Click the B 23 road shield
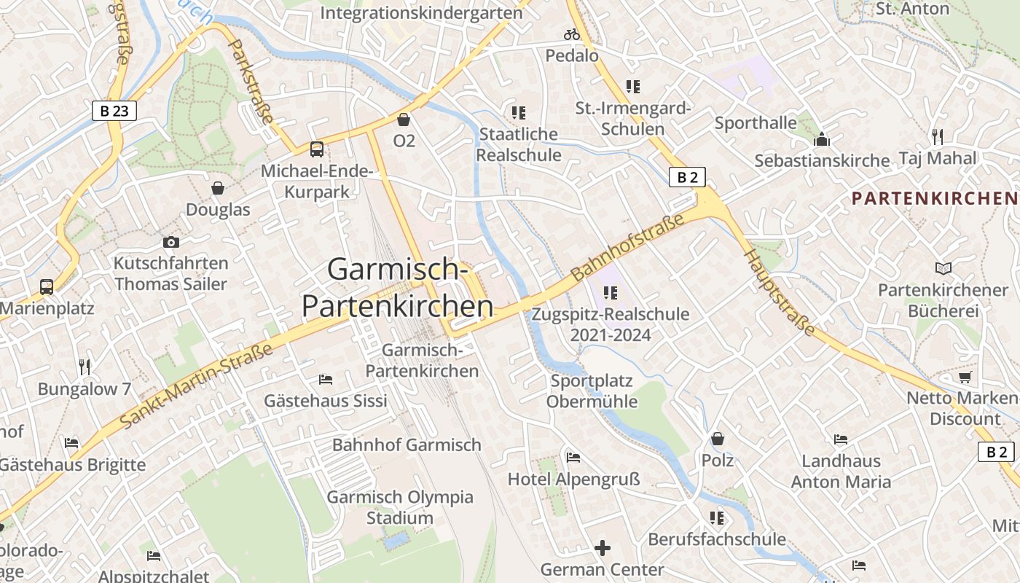[x=114, y=111]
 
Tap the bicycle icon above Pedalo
[x=572, y=34]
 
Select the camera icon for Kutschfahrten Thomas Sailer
[x=171, y=242]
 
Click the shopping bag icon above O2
[x=404, y=120]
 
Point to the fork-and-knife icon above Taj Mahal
[x=938, y=136]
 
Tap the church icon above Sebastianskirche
[x=822, y=139]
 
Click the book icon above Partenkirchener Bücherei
[x=943, y=269]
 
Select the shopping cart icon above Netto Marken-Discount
[x=965, y=377]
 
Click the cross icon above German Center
[x=603, y=548]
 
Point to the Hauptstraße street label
[x=780, y=292]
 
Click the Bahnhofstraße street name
[x=628, y=247]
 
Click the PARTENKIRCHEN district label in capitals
[x=935, y=197]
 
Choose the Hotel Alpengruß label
[x=573, y=479]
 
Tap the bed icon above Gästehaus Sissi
[x=326, y=380]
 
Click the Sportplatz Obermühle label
[x=592, y=391]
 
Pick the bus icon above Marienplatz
[x=47, y=286]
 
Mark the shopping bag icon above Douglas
[x=218, y=189]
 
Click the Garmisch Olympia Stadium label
[x=400, y=507]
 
